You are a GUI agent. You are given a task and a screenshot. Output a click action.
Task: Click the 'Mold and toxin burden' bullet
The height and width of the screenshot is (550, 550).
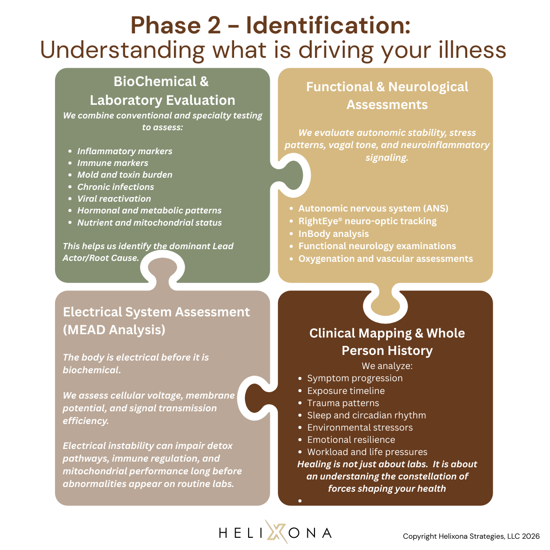[x=125, y=175]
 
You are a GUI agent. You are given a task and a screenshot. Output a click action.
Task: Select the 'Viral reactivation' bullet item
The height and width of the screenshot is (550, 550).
[x=114, y=199]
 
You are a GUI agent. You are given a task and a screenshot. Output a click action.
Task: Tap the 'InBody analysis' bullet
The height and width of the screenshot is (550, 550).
[x=333, y=234]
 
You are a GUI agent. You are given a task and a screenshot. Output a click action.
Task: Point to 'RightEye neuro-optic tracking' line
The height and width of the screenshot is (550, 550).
[x=367, y=221]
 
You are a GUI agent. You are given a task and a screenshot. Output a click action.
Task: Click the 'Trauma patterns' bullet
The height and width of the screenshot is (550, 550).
[x=343, y=403]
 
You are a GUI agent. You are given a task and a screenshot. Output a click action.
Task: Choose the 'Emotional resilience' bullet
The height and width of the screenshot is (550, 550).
[x=351, y=440]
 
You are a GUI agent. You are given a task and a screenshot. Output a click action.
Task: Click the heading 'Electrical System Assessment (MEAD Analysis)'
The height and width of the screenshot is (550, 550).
[x=156, y=321]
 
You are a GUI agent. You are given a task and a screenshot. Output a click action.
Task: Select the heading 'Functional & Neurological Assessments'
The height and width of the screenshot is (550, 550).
[x=387, y=96]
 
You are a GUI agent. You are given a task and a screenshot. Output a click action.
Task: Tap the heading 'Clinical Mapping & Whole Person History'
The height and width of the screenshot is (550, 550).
[x=387, y=342]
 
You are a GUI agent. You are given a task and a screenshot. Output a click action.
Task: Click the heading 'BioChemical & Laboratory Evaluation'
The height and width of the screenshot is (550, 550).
[x=162, y=91]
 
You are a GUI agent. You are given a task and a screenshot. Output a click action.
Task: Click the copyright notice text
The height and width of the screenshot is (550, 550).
[x=471, y=536]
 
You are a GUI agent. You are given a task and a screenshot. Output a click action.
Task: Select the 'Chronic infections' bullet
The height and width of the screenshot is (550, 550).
[x=116, y=187]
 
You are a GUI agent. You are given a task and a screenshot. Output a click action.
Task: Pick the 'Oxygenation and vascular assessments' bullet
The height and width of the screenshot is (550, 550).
[x=385, y=259]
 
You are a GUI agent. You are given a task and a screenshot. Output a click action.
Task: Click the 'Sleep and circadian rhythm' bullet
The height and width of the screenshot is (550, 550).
[x=366, y=415]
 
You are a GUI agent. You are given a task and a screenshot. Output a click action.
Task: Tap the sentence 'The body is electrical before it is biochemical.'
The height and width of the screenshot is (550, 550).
[x=136, y=363]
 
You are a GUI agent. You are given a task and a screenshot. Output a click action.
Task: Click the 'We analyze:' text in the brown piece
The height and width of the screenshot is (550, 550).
[x=387, y=366]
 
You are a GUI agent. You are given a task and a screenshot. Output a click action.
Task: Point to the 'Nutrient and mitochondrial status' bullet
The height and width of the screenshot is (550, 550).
[x=149, y=223]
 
